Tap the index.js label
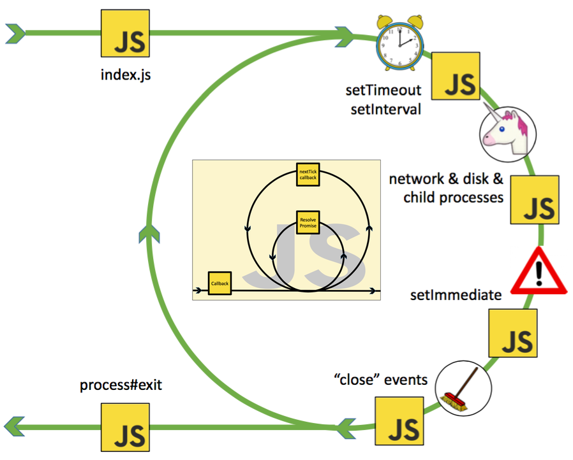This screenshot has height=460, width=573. point(126,75)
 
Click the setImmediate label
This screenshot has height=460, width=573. point(454,295)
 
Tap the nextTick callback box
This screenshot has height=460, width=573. point(308,174)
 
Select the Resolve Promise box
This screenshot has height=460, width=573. point(308,222)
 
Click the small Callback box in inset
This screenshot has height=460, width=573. point(219,283)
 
